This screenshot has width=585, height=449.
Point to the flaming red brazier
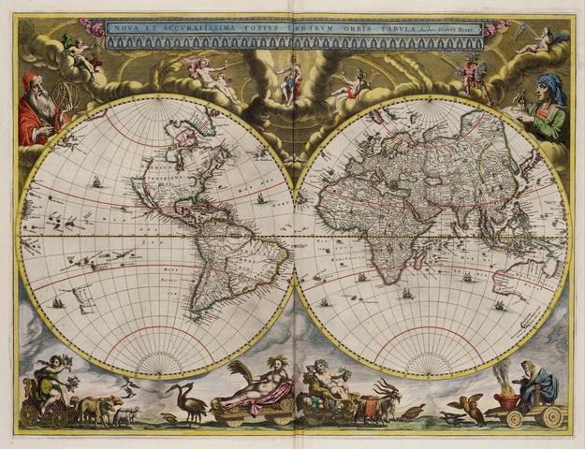coord(507,394)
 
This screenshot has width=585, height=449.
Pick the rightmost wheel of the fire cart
coord(553,416)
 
